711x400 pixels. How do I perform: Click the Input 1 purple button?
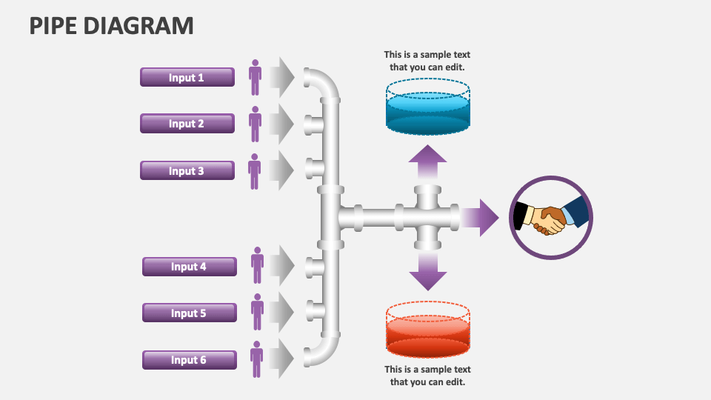pyautogui.click(x=187, y=77)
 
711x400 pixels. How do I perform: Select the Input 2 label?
pyautogui.click(x=187, y=124)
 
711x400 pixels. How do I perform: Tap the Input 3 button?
pyautogui.click(x=187, y=170)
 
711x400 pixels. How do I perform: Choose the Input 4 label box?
pyautogui.click(x=189, y=267)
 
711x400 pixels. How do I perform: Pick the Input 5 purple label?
pyautogui.click(x=189, y=313)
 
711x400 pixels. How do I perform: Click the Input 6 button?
pyautogui.click(x=189, y=360)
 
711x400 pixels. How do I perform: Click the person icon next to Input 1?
pyautogui.click(x=255, y=77)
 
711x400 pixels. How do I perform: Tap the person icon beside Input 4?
pyautogui.click(x=257, y=265)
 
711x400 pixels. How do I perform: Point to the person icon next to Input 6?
pyautogui.click(x=256, y=359)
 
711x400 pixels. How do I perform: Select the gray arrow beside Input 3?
pyautogui.click(x=281, y=170)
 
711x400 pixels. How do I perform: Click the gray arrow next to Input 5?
pyautogui.click(x=283, y=312)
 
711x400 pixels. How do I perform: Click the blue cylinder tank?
pyautogui.click(x=427, y=110)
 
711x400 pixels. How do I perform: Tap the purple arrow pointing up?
pyautogui.click(x=427, y=162)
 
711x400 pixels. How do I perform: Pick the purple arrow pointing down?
pyautogui.click(x=427, y=272)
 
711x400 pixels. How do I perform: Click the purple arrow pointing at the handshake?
pyautogui.click(x=481, y=218)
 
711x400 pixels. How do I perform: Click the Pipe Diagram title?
pyautogui.click(x=111, y=25)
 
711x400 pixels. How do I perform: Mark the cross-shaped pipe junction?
pyautogui.click(x=427, y=218)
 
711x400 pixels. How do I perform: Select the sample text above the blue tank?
pyautogui.click(x=427, y=61)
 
